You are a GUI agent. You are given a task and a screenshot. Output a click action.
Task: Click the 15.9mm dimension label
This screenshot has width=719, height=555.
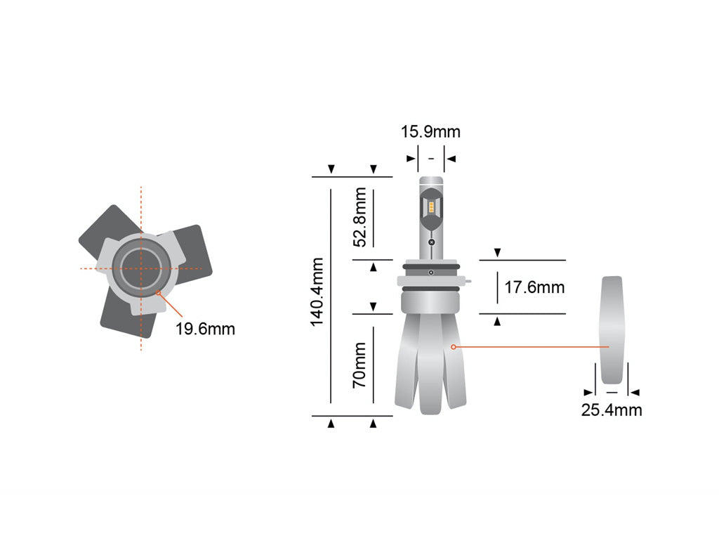[x=430, y=132]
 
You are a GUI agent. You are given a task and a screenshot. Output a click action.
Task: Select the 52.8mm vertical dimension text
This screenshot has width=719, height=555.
[x=360, y=216]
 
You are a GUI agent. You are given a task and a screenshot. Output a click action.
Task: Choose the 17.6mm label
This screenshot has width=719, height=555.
[x=534, y=287]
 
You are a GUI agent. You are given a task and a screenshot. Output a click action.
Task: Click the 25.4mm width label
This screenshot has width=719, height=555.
[x=611, y=410]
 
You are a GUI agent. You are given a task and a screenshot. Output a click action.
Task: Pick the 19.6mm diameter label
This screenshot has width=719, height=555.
[x=205, y=329]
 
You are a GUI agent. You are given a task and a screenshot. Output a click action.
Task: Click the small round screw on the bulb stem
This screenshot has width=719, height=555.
[x=431, y=242]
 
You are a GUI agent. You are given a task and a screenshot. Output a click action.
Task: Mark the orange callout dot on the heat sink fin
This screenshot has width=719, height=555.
[x=454, y=346]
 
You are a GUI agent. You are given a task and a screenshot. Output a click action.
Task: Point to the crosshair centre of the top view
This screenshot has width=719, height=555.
[x=141, y=268]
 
